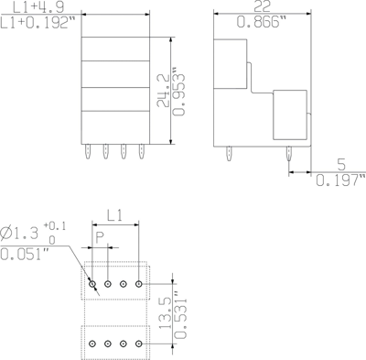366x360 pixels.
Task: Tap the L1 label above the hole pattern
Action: (116, 216)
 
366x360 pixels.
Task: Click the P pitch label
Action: (102, 236)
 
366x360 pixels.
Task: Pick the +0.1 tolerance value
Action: (56, 224)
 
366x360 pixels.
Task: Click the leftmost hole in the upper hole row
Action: (93, 285)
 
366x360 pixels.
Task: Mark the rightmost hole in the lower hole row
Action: (139, 344)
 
